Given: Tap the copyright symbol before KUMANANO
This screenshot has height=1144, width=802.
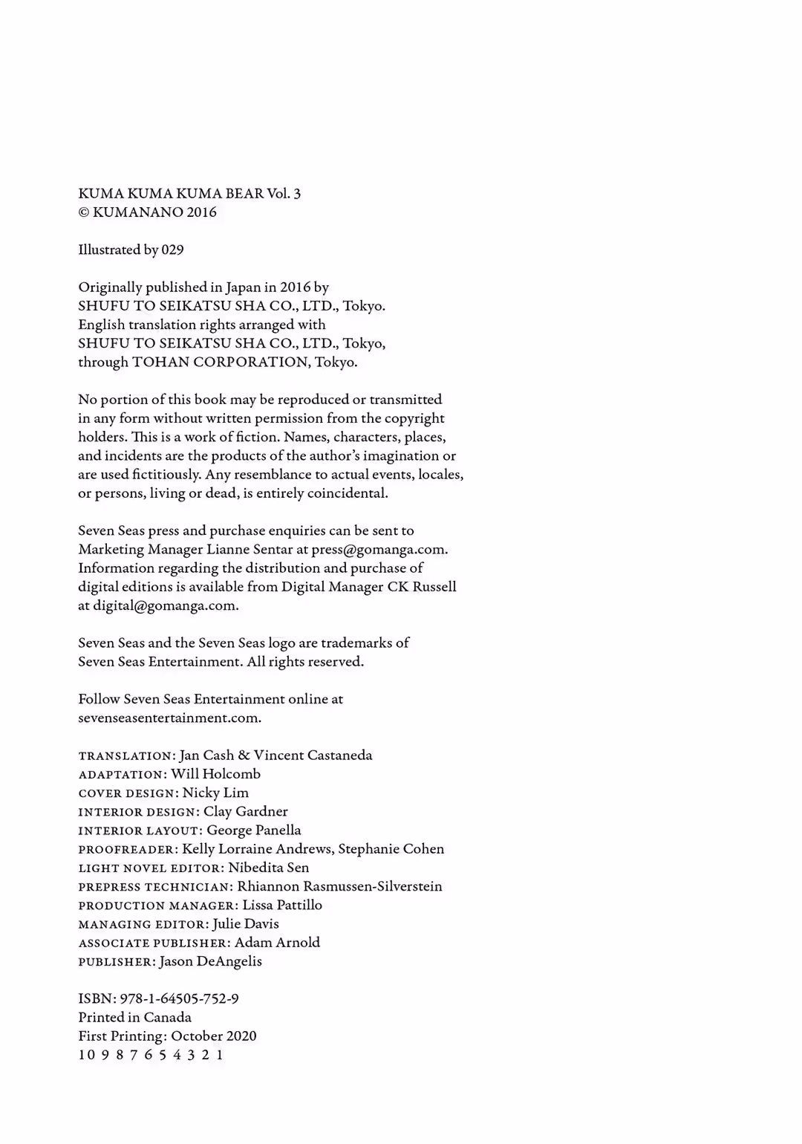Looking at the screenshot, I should tap(83, 212).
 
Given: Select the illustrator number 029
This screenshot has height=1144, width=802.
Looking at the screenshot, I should tap(172, 250).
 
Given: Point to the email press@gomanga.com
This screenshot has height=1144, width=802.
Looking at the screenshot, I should tap(379, 550).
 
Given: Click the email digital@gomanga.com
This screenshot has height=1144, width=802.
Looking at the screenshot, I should tap(165, 605).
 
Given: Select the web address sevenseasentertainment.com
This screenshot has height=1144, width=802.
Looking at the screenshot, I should tap(169, 718).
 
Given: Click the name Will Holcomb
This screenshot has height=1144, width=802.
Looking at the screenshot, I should tap(215, 774).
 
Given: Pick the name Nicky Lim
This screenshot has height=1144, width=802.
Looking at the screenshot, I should tap(215, 793).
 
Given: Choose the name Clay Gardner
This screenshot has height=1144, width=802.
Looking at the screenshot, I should tap(246, 811).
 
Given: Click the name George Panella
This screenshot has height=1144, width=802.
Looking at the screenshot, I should tap(254, 831).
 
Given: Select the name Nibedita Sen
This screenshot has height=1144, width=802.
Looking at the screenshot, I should tap(269, 868).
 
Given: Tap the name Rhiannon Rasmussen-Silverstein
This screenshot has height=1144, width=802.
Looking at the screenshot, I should tap(339, 886).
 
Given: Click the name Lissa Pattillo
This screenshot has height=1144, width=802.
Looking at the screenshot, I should tap(282, 905).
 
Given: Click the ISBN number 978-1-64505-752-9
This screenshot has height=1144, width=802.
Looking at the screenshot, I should tap(179, 999).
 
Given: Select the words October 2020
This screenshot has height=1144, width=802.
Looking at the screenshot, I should tap(214, 1036).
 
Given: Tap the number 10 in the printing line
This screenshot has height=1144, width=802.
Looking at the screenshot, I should tap(87, 1055).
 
